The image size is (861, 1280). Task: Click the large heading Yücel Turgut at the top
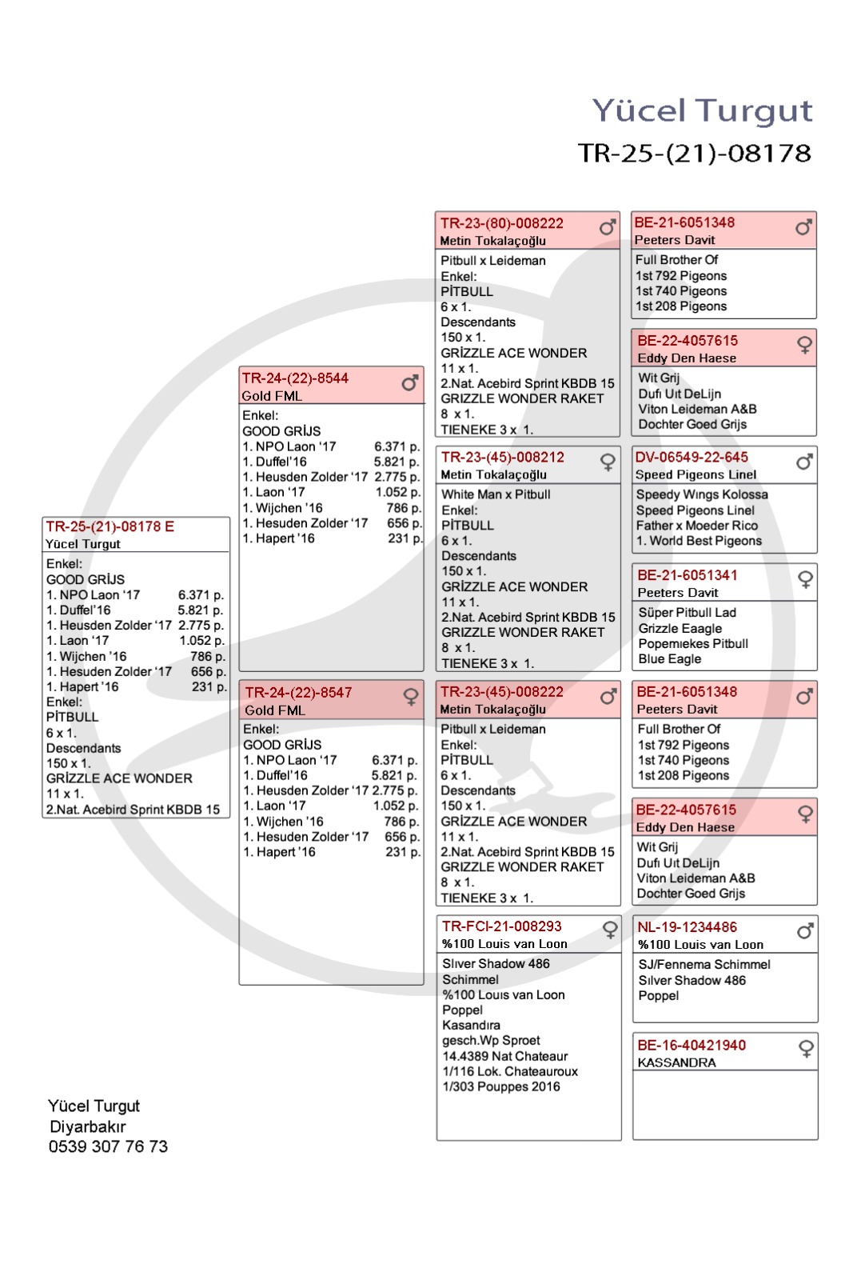pyautogui.click(x=701, y=110)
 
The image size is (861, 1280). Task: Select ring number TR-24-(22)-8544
pyautogui.click(x=295, y=378)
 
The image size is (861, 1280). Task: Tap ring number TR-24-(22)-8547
pyautogui.click(x=298, y=693)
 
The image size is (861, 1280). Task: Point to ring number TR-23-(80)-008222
pyautogui.click(x=501, y=223)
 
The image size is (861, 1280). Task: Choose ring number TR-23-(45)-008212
pyautogui.click(x=502, y=457)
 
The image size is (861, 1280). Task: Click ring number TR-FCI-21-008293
pyautogui.click(x=501, y=926)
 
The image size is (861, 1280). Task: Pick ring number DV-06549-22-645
pyautogui.click(x=692, y=457)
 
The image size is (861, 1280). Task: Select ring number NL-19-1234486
pyautogui.click(x=687, y=927)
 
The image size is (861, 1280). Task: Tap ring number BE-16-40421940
pyautogui.click(x=691, y=1046)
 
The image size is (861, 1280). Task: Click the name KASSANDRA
pyautogui.click(x=676, y=1063)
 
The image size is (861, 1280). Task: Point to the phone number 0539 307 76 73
pyautogui.click(x=108, y=1146)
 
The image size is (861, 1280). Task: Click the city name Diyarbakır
pyautogui.click(x=88, y=1126)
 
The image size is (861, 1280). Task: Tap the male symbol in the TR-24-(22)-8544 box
pyautogui.click(x=410, y=384)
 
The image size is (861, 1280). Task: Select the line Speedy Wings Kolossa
pyautogui.click(x=701, y=494)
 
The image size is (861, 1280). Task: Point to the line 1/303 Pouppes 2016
pyautogui.click(x=501, y=1086)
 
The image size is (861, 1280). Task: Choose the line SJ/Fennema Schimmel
pyautogui.click(x=704, y=965)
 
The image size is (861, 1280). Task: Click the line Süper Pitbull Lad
pyautogui.click(x=687, y=613)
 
